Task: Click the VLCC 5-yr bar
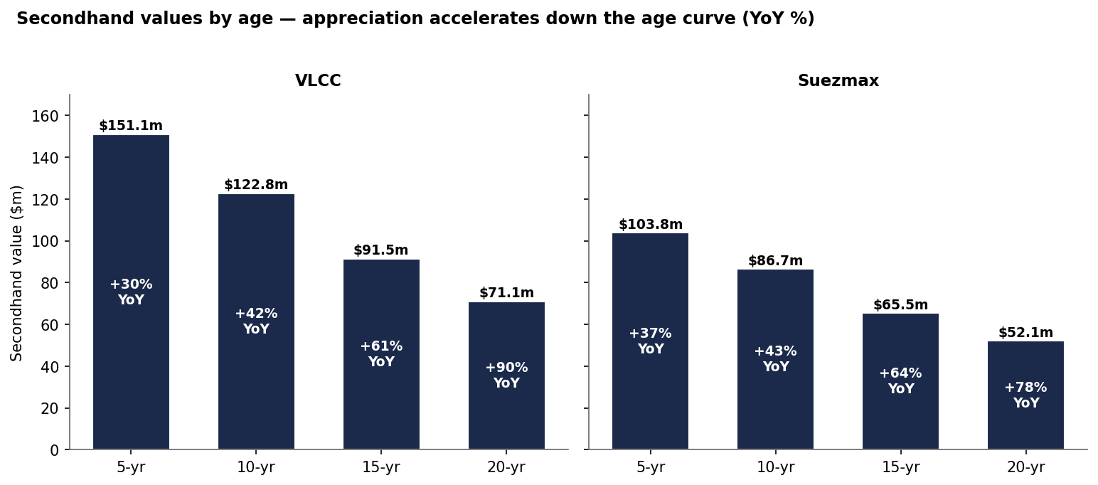[x=131, y=292]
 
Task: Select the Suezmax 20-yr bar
[x=1025, y=395]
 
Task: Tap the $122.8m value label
[x=256, y=185]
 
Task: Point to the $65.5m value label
[x=900, y=305]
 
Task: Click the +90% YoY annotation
[x=506, y=375]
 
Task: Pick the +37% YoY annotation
[x=650, y=341]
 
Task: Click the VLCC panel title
[x=318, y=80]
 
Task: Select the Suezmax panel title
[x=838, y=80]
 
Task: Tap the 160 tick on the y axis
[x=45, y=116]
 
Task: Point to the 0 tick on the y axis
[x=54, y=450]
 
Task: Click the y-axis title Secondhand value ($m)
[x=16, y=274]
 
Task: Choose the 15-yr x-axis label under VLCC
[x=381, y=467]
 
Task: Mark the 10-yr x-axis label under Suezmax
[x=775, y=467]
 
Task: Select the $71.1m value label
[x=506, y=293]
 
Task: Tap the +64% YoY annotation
[x=900, y=380]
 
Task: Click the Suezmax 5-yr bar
[x=650, y=341]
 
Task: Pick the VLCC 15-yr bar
[x=381, y=355]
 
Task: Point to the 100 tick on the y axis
[x=45, y=241]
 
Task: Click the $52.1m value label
[x=1025, y=333]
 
